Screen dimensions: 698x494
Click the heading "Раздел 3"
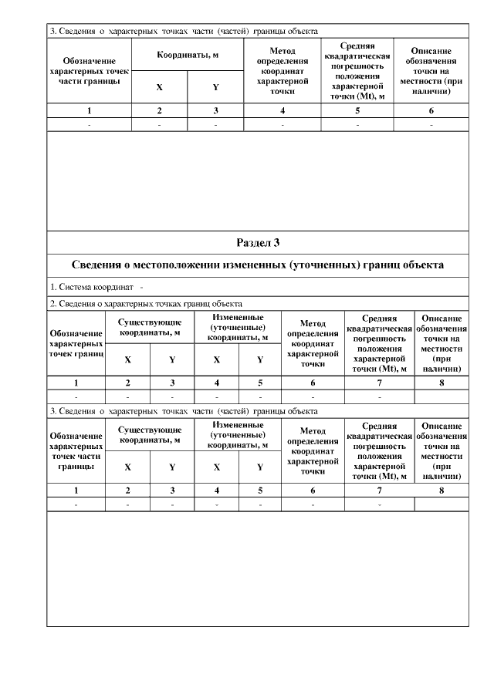pyautogui.click(x=258, y=242)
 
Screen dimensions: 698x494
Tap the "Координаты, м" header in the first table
pyautogui.click(x=188, y=56)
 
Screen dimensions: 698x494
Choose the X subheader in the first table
pyautogui.click(x=159, y=87)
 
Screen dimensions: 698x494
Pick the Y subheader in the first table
pyautogui.click(x=216, y=87)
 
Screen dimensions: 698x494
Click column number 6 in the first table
pyautogui.click(x=431, y=111)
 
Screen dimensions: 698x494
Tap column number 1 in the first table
pyautogui.click(x=90, y=111)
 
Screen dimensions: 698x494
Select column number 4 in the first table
pyautogui.click(x=283, y=111)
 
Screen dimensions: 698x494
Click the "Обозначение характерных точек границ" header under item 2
pyautogui.click(x=76, y=343)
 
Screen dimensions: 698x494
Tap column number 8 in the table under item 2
pyautogui.click(x=442, y=383)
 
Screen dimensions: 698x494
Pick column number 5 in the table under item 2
pyautogui.click(x=260, y=383)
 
